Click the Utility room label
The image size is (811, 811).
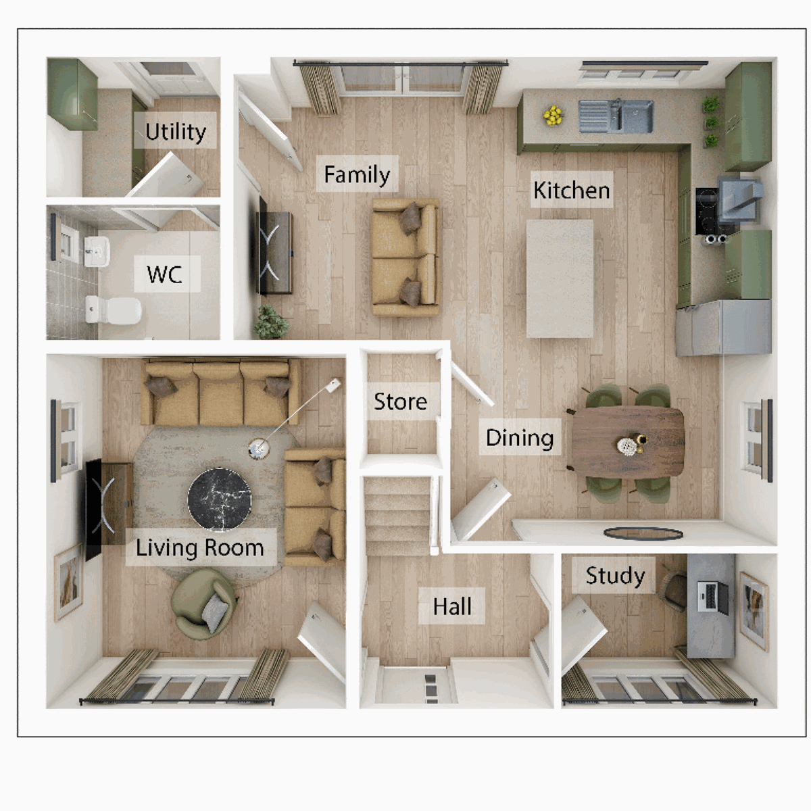click(x=176, y=131)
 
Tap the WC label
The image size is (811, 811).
click(x=165, y=274)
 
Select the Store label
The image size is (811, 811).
click(x=400, y=401)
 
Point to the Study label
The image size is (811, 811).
click(x=614, y=576)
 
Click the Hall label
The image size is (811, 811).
click(x=452, y=606)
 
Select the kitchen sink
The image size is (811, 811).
click(x=615, y=116)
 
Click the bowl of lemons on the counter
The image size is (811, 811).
click(x=553, y=116)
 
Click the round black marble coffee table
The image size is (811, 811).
click(x=220, y=499)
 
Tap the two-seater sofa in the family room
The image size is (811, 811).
click(x=405, y=257)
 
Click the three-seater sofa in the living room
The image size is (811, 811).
click(x=220, y=392)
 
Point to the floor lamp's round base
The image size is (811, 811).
click(x=258, y=449)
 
